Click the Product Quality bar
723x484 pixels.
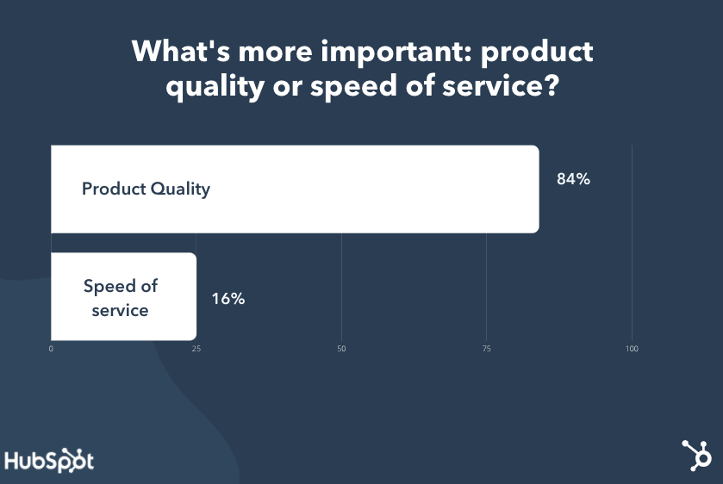pyautogui.click(x=295, y=189)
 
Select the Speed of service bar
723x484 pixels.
pyautogui.click(x=123, y=296)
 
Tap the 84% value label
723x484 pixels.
pyautogui.click(x=573, y=179)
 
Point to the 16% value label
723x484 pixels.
pyautogui.click(x=228, y=299)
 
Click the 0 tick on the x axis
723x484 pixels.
pyautogui.click(x=51, y=349)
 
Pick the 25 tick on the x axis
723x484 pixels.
pyautogui.click(x=196, y=349)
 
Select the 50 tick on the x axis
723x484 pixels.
pyautogui.click(x=341, y=349)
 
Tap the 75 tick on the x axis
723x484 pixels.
pyautogui.click(x=487, y=349)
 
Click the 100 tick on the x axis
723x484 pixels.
pyautogui.click(x=632, y=349)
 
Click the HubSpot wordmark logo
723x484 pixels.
pyautogui.click(x=49, y=460)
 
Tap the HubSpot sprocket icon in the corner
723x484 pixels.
pyautogui.click(x=697, y=456)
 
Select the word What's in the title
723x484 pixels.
pyautogui.click(x=181, y=51)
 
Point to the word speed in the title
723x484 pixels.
pyautogui.click(x=353, y=87)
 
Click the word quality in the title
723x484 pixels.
pyautogui.click(x=215, y=87)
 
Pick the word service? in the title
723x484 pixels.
pyautogui.click(x=501, y=86)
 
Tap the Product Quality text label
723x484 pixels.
pyautogui.click(x=146, y=189)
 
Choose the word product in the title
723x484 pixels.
pyautogui.click(x=537, y=52)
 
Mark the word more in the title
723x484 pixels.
pyautogui.click(x=275, y=52)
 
